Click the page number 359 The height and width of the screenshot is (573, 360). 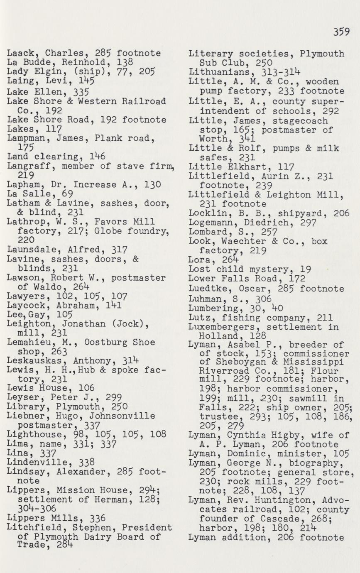(x=341, y=32)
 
